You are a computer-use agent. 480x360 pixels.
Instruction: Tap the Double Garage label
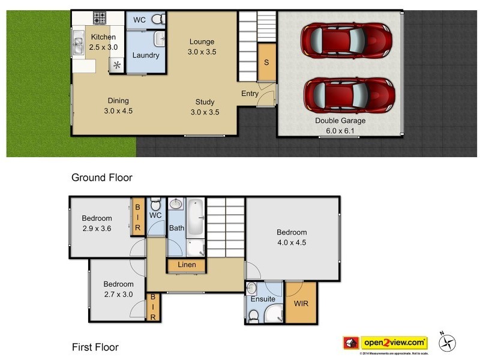coord(340,121)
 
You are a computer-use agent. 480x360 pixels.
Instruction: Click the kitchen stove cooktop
coord(99,18)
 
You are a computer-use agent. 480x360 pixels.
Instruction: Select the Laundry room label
coord(145,56)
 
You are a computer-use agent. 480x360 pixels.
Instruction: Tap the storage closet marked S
coord(266,63)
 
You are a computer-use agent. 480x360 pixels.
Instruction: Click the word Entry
coord(250,94)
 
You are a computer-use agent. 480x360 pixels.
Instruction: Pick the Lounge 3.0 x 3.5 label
coord(202,47)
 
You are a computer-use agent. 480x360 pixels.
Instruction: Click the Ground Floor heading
coord(101,178)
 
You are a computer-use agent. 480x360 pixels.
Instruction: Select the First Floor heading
coord(95,347)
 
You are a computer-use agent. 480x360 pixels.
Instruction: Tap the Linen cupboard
coord(187,265)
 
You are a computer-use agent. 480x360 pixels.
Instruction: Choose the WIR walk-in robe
coord(301,304)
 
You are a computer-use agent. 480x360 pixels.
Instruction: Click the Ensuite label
coord(263,299)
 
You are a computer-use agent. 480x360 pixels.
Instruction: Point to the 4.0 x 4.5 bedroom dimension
coord(292,242)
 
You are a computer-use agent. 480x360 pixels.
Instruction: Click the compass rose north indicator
coord(446,341)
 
